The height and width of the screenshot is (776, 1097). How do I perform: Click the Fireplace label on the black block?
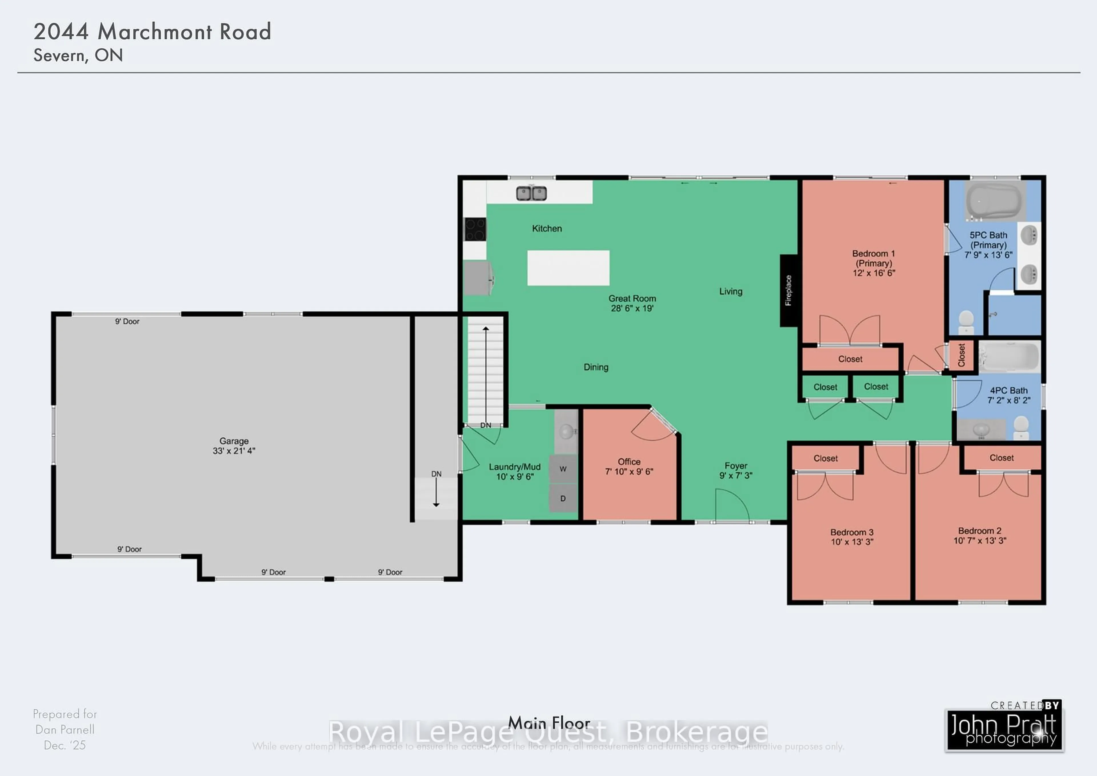788,290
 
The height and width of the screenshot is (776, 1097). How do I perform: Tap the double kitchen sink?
531,193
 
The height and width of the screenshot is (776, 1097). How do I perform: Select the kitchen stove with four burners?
475,229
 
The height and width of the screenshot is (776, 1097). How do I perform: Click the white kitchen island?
568,268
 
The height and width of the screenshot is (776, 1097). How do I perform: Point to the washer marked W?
563,469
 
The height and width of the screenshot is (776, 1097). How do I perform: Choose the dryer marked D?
563,498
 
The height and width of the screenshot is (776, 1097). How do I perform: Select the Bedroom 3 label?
852,532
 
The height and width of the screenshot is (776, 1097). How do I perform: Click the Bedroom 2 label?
980,531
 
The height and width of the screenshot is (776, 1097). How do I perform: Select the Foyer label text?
736,466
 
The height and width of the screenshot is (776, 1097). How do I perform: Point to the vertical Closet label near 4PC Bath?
961,355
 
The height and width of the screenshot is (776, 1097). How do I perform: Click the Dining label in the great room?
596,367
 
